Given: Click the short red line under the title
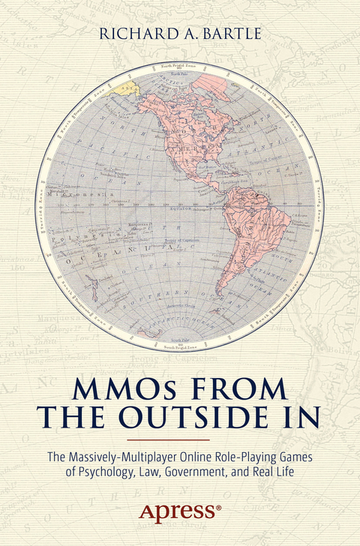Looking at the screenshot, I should point(179,439).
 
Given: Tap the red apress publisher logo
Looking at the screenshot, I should point(178,512).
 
